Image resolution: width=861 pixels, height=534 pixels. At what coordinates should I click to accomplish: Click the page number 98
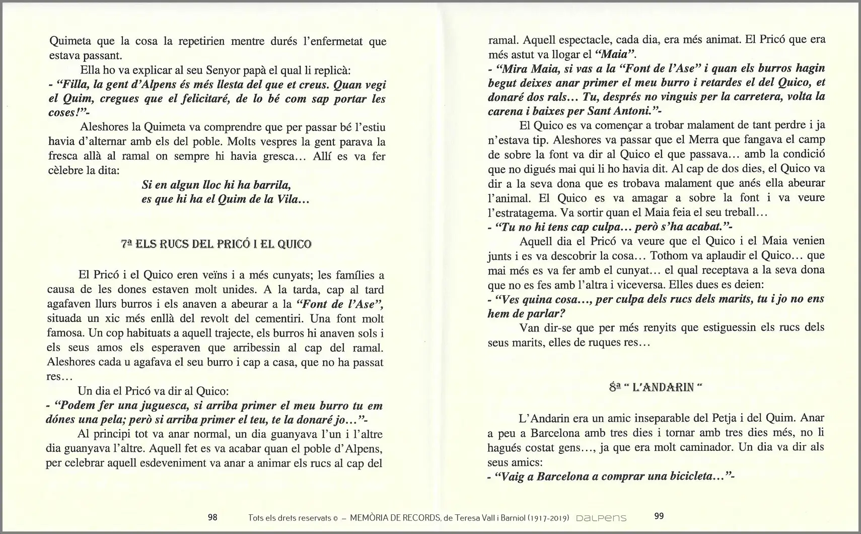pos(212,517)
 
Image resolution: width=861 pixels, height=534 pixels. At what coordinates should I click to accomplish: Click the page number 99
pos(659,516)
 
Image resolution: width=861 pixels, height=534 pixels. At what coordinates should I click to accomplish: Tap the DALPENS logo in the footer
pos(601,517)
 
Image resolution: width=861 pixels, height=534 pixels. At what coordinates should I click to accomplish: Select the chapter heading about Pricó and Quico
pos(216,244)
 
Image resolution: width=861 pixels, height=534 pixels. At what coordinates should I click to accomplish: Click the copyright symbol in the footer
pos(335,517)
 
